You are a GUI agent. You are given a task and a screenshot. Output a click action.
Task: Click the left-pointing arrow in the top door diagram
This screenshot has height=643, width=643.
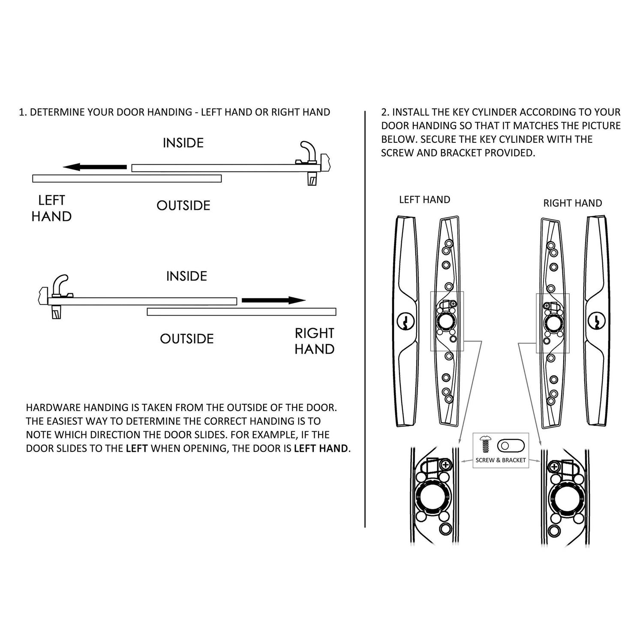coord(94,167)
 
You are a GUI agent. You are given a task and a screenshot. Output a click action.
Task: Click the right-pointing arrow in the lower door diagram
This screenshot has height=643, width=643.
coord(273,300)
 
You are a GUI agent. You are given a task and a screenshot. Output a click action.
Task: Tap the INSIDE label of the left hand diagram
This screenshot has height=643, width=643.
coord(183,143)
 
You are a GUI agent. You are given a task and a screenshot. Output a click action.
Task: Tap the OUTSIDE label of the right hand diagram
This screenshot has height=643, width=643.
coord(186,339)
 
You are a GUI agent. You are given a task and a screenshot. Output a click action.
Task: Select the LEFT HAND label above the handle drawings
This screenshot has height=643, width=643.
coord(424,200)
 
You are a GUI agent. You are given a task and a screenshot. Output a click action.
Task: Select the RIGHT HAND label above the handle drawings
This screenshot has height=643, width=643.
coord(573,203)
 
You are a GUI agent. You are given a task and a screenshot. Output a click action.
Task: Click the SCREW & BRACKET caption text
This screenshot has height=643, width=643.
coord(501,460)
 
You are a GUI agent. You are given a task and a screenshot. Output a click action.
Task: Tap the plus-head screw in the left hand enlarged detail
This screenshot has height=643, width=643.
coord(446,465)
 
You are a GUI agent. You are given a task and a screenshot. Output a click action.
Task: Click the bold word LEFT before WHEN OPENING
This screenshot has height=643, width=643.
coord(137,449)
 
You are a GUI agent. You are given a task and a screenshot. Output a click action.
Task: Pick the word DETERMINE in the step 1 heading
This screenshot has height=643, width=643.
coord(57,112)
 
